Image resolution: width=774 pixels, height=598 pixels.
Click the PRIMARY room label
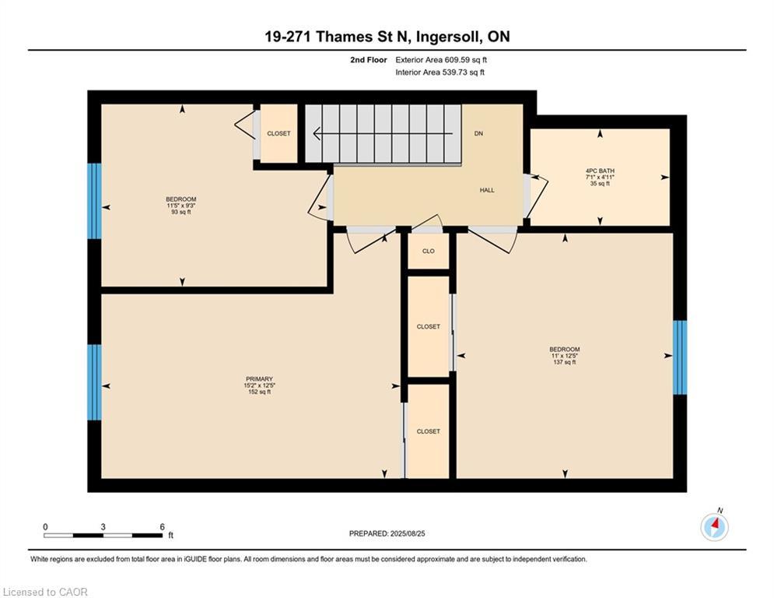pyautogui.click(x=259, y=379)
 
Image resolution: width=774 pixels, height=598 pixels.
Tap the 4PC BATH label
pyautogui.click(x=600, y=171)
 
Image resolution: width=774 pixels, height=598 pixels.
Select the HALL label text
pyautogui.click(x=486, y=190)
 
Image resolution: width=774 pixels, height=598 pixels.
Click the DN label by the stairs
pyautogui.click(x=478, y=134)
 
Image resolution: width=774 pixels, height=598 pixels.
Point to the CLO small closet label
pyautogui.click(x=428, y=251)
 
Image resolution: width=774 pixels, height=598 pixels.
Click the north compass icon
pyautogui.click(x=714, y=527)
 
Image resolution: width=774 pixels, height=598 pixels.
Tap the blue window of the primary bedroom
pyautogui.click(x=94, y=382)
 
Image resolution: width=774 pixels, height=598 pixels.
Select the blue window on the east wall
pyautogui.click(x=680, y=357)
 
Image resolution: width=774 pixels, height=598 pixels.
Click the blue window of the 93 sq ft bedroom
pyautogui.click(x=94, y=201)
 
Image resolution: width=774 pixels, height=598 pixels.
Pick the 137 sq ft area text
pyautogui.click(x=564, y=362)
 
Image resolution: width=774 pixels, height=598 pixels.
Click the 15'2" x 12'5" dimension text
pyautogui.click(x=259, y=385)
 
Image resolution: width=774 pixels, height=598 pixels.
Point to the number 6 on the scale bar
pyautogui.click(x=161, y=526)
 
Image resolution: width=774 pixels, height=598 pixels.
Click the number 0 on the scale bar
pyautogui.click(x=46, y=526)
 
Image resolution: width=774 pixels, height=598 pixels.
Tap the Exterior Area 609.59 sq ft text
pyautogui.click(x=441, y=59)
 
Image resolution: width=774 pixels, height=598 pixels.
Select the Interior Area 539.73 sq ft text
pyautogui.click(x=440, y=72)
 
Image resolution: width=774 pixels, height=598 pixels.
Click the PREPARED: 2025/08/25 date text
pyautogui.click(x=387, y=533)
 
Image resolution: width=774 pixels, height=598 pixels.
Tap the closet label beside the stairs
pyautogui.click(x=278, y=134)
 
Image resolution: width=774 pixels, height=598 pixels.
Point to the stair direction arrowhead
pyautogui.click(x=314, y=134)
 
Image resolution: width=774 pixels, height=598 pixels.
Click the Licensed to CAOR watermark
pyautogui.click(x=45, y=592)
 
